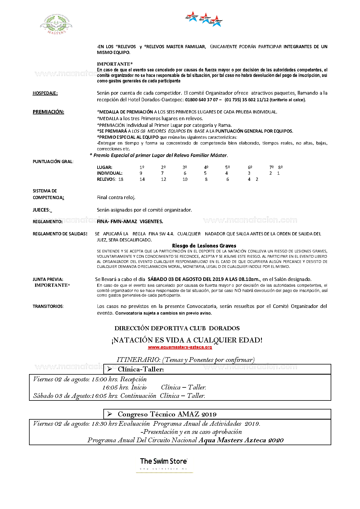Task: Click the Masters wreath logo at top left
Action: point(56,24)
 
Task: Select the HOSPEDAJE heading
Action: point(45,93)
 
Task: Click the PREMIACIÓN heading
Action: point(48,112)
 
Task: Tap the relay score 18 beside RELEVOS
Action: point(121,179)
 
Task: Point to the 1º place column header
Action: point(142,167)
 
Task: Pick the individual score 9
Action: point(141,173)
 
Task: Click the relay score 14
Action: point(142,179)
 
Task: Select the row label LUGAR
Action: point(105,167)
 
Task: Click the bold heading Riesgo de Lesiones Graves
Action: point(204,246)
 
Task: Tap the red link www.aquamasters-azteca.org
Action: point(180,347)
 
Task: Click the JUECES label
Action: point(42,210)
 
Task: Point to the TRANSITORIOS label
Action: point(48,306)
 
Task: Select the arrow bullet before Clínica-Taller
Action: point(110,369)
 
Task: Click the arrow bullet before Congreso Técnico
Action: point(110,414)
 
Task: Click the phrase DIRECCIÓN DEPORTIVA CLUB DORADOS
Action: point(177,328)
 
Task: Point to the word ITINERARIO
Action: point(138,360)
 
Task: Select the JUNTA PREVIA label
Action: point(48,279)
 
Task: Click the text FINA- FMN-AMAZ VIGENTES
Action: point(130,221)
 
